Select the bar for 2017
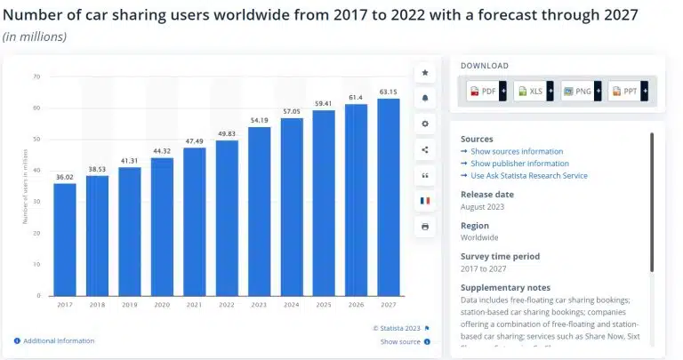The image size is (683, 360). click(65, 239)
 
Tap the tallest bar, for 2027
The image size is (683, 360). click(388, 196)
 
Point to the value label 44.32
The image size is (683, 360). click(162, 150)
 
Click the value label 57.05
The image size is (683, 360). click(292, 111)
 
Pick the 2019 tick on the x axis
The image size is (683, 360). click(130, 304)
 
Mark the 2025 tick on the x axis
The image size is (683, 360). click(324, 304)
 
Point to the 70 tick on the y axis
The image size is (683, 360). click(36, 76)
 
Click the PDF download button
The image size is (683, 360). click(486, 91)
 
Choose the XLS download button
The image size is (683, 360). click(533, 91)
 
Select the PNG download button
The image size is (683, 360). click(580, 91)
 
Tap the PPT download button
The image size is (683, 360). click(628, 91)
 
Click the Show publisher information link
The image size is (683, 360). click(519, 164)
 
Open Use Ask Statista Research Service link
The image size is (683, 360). click(528, 176)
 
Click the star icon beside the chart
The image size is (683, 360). click(424, 72)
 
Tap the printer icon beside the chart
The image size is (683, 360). click(424, 227)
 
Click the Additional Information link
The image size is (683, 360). click(58, 340)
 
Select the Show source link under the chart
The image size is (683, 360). click(400, 341)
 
